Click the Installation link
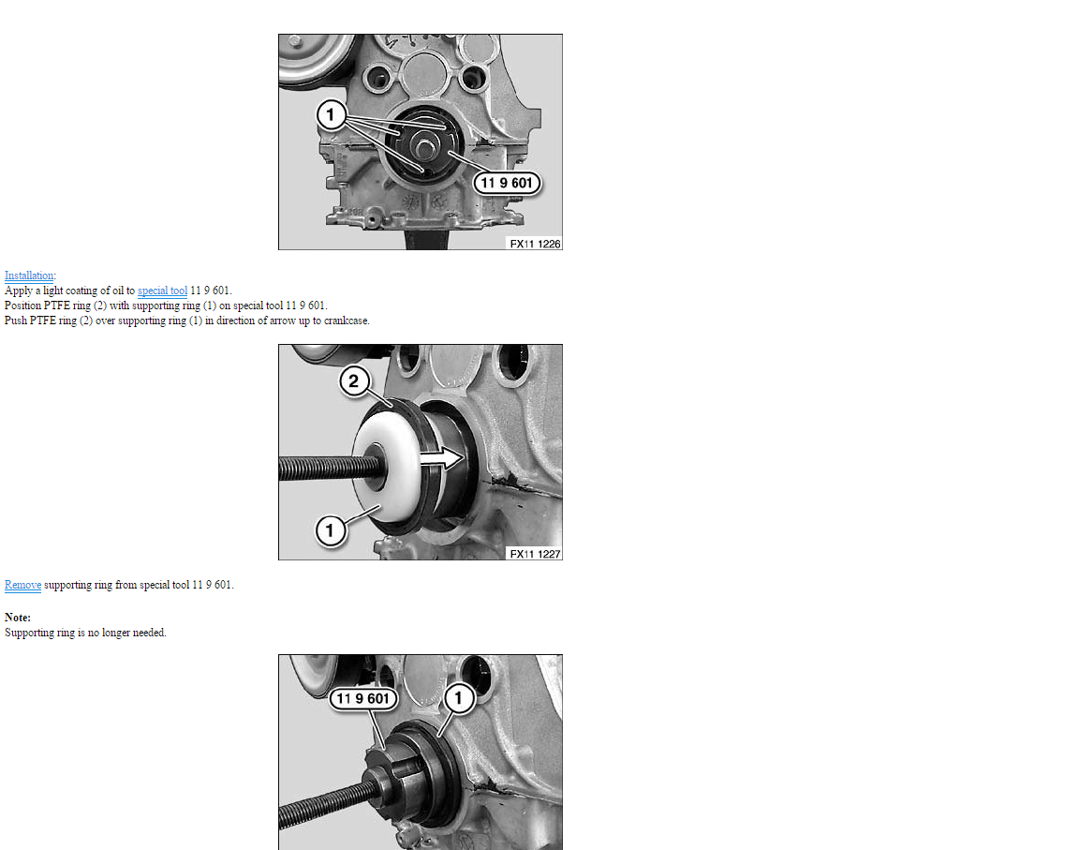(x=29, y=276)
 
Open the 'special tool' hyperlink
(x=162, y=291)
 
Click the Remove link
(x=22, y=585)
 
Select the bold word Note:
(x=18, y=618)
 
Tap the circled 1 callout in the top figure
(x=331, y=114)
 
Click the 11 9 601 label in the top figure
(x=507, y=183)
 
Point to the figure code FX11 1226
(x=535, y=244)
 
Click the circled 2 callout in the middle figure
(x=354, y=380)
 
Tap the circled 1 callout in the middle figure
(x=331, y=530)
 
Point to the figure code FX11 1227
(x=535, y=554)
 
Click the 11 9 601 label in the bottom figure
(x=363, y=698)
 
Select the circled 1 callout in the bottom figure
(x=459, y=698)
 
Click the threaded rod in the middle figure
(x=323, y=469)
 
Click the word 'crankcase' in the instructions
(x=346, y=321)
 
